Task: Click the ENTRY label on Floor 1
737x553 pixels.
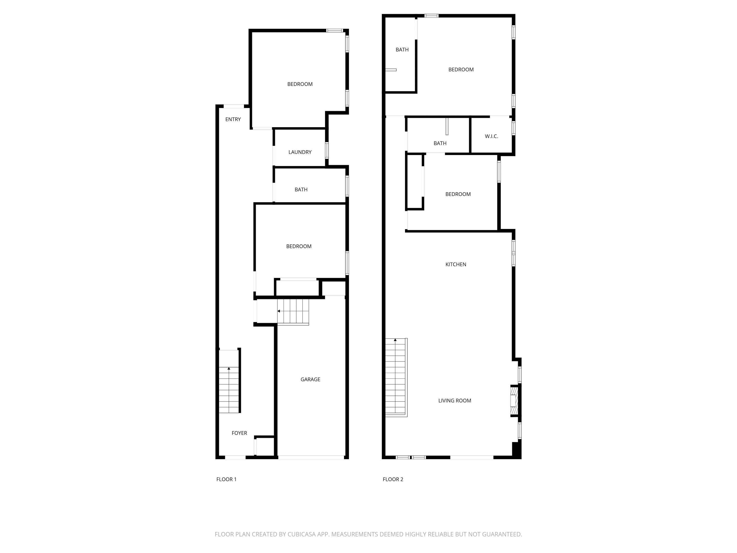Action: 233,119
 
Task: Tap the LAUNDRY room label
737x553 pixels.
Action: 300,152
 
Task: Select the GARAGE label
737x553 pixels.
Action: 310,379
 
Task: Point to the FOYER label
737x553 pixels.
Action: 239,433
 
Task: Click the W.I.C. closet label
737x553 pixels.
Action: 491,136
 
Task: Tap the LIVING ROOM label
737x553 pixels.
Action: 454,401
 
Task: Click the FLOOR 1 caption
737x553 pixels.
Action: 226,479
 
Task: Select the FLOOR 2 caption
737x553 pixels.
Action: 393,479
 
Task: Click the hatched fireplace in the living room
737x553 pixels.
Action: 514,401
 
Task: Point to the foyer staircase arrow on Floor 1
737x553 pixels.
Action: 229,369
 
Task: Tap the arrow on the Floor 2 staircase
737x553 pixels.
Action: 395,340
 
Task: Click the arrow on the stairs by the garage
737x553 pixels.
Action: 279,311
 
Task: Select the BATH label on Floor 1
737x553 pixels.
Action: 301,190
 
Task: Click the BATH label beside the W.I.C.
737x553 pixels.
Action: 440,143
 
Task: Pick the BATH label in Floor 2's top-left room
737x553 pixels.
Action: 402,50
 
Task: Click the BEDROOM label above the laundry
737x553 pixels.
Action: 300,84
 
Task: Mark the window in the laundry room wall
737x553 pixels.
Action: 327,150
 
